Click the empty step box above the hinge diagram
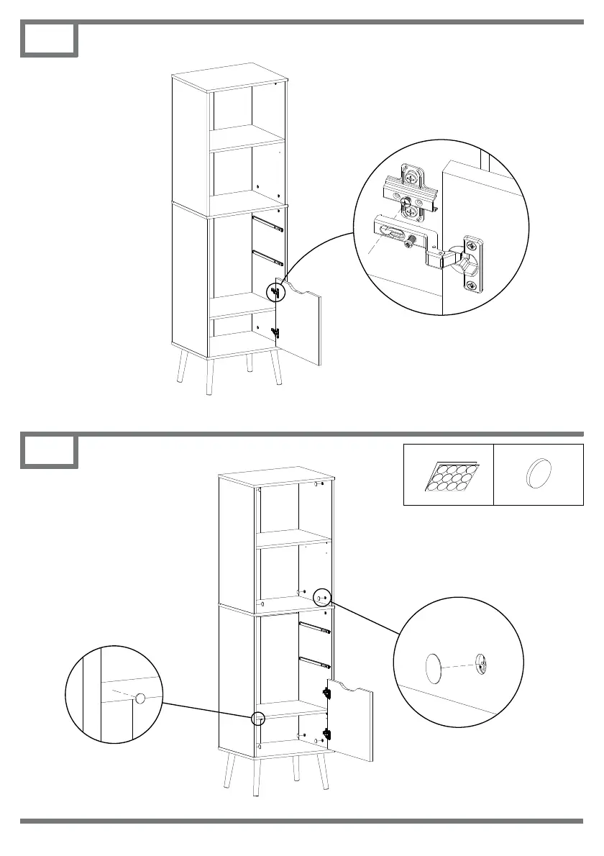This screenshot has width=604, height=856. (49, 40)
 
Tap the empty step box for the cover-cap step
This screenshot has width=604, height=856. (49, 451)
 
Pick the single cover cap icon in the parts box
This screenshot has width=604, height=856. (537, 475)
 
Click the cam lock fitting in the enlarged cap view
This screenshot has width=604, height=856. (482, 663)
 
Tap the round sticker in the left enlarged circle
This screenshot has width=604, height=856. (140, 698)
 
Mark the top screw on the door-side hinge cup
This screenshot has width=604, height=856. (473, 244)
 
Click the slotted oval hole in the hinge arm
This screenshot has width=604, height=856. (392, 232)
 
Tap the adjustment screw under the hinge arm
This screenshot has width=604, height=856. (411, 241)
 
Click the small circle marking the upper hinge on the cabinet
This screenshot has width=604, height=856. (275, 291)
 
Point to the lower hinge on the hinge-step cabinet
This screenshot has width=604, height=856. (275, 332)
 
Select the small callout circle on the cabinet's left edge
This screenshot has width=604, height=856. (258, 717)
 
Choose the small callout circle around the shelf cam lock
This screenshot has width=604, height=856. (321, 597)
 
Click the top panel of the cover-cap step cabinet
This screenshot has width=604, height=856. (277, 478)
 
